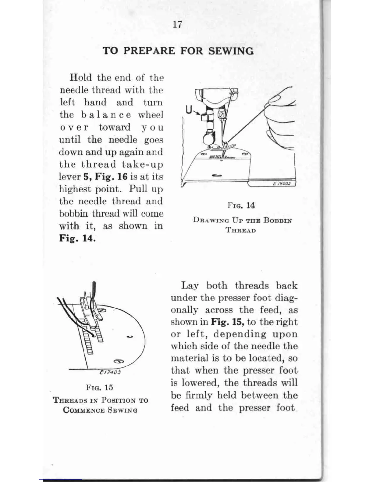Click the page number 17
177,24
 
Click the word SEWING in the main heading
231,51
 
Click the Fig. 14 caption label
241,205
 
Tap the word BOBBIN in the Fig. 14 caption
277,220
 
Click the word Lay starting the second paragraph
190,286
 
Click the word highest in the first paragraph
75,189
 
